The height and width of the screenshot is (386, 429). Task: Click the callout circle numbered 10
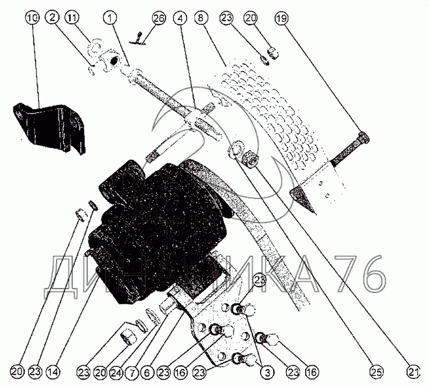(x=32, y=18)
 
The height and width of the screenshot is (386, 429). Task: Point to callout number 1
(x=112, y=18)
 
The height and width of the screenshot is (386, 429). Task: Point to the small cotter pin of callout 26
(x=139, y=38)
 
